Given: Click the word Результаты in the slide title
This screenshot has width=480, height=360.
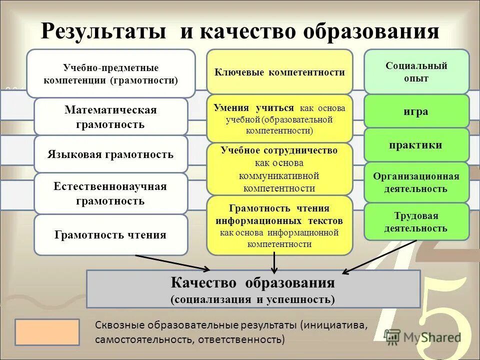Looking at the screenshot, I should tap(104, 31).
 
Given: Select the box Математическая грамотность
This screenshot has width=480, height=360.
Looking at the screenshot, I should tap(110, 117).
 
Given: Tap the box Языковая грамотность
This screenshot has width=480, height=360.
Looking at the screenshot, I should tap(110, 154).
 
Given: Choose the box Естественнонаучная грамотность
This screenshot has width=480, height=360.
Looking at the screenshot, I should tap(110, 193).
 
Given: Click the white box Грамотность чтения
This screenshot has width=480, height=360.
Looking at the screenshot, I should tap(110, 235).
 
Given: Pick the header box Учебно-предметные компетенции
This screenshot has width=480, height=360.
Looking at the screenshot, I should tap(110, 73).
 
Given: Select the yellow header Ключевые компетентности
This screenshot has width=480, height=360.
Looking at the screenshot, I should tap(279, 72).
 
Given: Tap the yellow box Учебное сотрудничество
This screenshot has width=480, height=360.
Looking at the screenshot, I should tap(279, 169).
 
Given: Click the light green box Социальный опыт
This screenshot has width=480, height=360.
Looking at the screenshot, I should tap(416, 72).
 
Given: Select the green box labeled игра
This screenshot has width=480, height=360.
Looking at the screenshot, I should tap(416, 111).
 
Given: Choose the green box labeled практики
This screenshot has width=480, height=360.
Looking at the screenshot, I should tap(416, 145).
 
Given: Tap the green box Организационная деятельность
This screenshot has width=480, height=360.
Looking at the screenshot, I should tap(416, 182).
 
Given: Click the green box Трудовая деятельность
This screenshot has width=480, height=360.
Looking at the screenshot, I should tap(416, 222).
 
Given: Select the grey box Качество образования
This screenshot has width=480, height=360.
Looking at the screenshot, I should tap(253, 289).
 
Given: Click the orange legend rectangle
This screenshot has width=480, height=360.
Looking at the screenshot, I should tap(47, 332).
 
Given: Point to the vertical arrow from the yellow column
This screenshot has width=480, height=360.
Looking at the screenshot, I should tap(274, 262).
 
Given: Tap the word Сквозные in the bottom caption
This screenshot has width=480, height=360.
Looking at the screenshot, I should tap(120, 325).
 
